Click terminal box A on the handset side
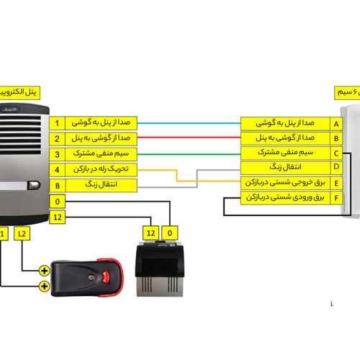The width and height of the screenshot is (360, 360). (336, 123)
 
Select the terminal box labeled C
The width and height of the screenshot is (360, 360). (336, 153)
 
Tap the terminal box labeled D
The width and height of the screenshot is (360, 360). (336, 168)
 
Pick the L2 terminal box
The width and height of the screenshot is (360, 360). (22, 233)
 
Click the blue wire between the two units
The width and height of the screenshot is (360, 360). (187, 122)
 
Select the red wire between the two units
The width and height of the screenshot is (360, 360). (187, 138)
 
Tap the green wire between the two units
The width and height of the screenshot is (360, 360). (187, 153)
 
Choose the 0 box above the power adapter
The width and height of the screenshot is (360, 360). (170, 233)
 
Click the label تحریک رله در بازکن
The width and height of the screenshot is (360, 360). (100, 170)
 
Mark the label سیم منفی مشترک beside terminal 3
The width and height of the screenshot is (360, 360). (100, 154)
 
